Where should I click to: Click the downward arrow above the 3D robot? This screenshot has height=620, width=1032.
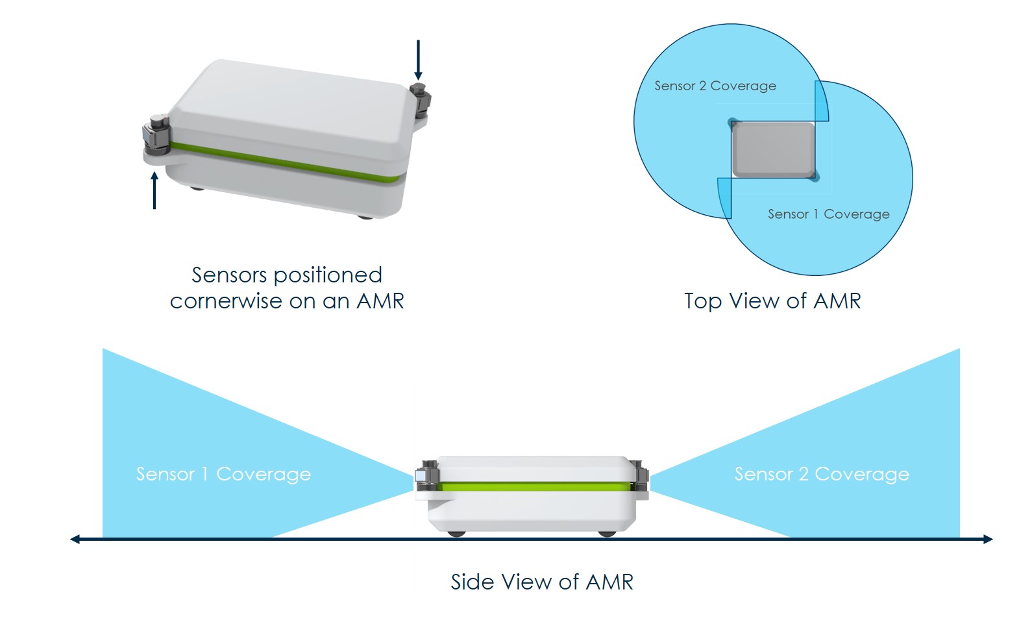(418, 60)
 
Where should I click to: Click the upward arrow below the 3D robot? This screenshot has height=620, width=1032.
(154, 190)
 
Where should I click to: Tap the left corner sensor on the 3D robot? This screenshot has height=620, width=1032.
(156, 134)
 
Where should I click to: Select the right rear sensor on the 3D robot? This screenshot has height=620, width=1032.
(421, 99)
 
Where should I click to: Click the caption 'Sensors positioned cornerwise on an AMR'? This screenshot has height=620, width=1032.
(287, 288)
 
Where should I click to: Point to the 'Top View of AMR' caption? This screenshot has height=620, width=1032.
(772, 301)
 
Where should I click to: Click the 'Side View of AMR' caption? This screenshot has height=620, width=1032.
(542, 582)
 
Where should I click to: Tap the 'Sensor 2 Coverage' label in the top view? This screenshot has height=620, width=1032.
(715, 86)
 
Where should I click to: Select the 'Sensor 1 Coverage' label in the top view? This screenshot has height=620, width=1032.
(828, 214)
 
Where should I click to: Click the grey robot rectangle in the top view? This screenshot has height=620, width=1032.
(773, 149)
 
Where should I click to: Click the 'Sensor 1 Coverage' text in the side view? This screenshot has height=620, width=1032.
(223, 474)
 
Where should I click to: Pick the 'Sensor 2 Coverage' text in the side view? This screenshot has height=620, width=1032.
(821, 474)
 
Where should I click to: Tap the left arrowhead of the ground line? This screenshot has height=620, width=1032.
(75, 539)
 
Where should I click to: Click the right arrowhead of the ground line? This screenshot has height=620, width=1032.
(988, 539)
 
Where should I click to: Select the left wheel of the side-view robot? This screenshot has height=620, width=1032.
(457, 534)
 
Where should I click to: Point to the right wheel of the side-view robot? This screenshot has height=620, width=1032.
(607, 534)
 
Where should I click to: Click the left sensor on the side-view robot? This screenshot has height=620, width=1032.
(426, 478)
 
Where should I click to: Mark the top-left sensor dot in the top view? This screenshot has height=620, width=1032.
(733, 123)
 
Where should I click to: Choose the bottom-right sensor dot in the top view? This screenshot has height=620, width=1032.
(814, 176)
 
